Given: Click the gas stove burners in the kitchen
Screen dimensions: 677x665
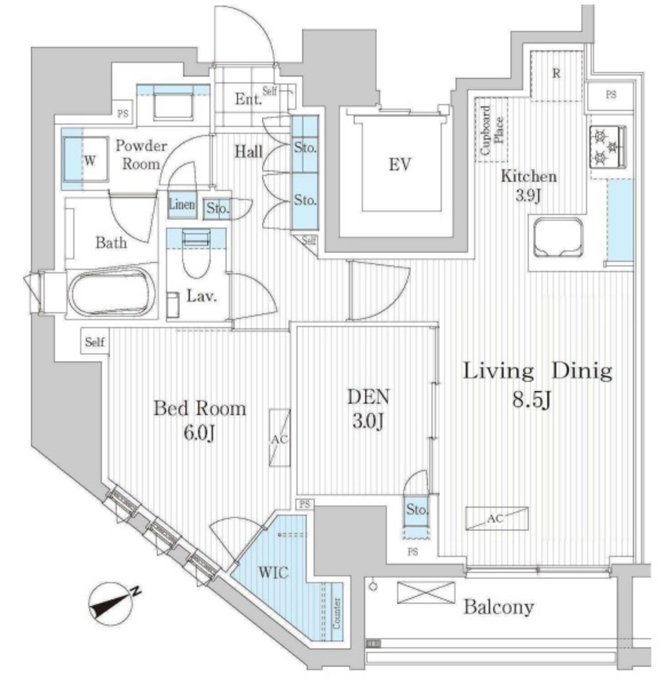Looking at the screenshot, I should click(x=608, y=147).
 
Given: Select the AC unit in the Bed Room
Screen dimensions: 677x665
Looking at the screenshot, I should click(x=279, y=438).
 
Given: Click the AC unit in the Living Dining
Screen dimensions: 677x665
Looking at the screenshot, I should click(x=496, y=519).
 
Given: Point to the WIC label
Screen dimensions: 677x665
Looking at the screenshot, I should click(x=273, y=573).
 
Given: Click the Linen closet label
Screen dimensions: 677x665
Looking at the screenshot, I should click(x=182, y=205).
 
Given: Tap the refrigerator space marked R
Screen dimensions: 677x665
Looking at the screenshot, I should click(x=556, y=74).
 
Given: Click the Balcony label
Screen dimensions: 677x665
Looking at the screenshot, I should click(x=498, y=606).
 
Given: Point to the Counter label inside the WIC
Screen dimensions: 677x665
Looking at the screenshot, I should click(x=337, y=613).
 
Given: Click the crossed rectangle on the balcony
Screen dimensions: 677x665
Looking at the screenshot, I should click(x=426, y=592).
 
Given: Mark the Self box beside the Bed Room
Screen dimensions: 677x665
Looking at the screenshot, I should click(x=95, y=342).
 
